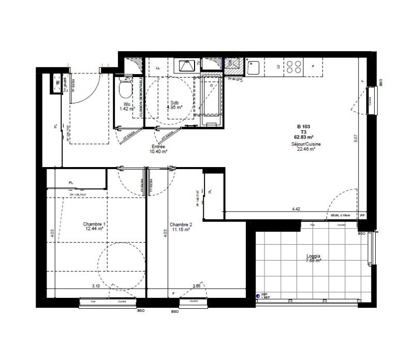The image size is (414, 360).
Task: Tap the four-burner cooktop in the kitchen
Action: click(x=294, y=67)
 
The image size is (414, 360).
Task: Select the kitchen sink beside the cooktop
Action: click(x=254, y=67)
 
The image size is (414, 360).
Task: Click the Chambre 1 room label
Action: click(x=94, y=224)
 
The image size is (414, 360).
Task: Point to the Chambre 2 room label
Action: click(x=181, y=224)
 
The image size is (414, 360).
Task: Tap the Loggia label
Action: click(x=314, y=256)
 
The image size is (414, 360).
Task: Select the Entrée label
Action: click(x=158, y=146)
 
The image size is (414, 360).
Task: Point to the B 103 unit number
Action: click(x=303, y=126)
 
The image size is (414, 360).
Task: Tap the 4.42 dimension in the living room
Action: click(x=297, y=209)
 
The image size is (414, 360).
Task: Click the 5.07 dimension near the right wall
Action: click(x=356, y=138)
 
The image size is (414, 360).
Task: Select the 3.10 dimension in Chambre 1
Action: click(x=96, y=286)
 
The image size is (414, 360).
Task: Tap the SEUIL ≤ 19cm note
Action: click(x=341, y=215)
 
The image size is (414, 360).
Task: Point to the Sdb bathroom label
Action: click(x=174, y=103)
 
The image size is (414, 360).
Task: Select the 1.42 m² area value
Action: click(x=127, y=109)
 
